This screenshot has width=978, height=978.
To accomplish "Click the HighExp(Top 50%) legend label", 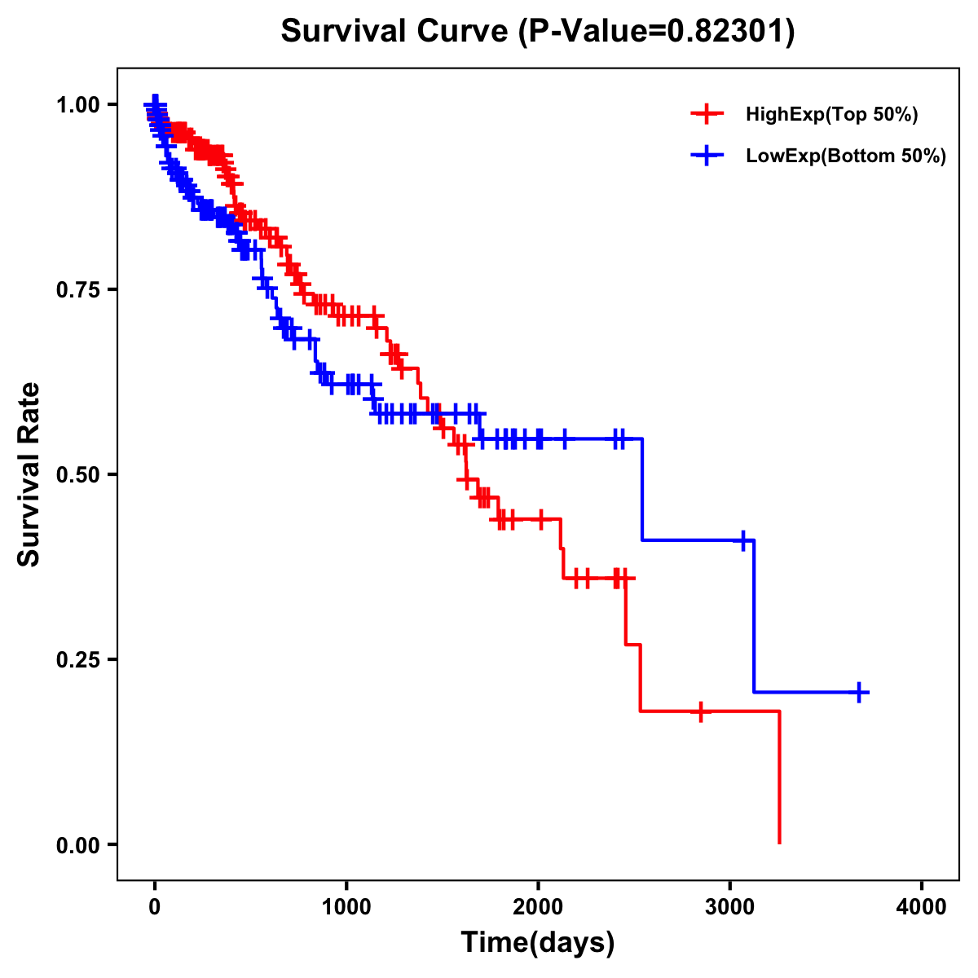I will pyautogui.click(x=832, y=115).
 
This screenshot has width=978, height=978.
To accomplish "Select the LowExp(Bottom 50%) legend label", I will pyautogui.click(x=846, y=156).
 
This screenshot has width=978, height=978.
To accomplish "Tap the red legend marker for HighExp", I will pyautogui.click(x=707, y=114).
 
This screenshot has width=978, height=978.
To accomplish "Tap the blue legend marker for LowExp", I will pyautogui.click(x=707, y=156).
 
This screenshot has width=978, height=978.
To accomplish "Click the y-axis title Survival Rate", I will pyautogui.click(x=29, y=474).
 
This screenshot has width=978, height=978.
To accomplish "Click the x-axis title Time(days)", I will pyautogui.click(x=538, y=943).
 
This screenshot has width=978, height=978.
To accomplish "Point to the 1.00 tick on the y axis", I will pyautogui.click(x=78, y=104).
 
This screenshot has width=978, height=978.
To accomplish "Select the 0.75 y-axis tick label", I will pyautogui.click(x=78, y=289).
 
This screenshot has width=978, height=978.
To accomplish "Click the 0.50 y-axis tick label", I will pyautogui.click(x=78, y=474).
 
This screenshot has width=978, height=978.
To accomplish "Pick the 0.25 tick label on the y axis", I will pyautogui.click(x=78, y=659).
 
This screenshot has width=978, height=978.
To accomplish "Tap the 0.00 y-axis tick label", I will pyautogui.click(x=78, y=844).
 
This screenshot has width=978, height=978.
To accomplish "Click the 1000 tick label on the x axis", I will pyautogui.click(x=346, y=907).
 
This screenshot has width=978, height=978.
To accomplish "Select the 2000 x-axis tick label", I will pyautogui.click(x=538, y=907).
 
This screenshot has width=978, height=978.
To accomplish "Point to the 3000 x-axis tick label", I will pyautogui.click(x=730, y=907).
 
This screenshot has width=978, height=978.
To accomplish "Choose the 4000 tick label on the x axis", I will pyautogui.click(x=922, y=907).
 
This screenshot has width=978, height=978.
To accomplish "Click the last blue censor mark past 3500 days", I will pyautogui.click(x=859, y=692).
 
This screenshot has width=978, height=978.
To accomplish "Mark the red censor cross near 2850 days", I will pyautogui.click(x=700, y=711).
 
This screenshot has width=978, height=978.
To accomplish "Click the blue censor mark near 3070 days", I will pyautogui.click(x=743, y=540).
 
